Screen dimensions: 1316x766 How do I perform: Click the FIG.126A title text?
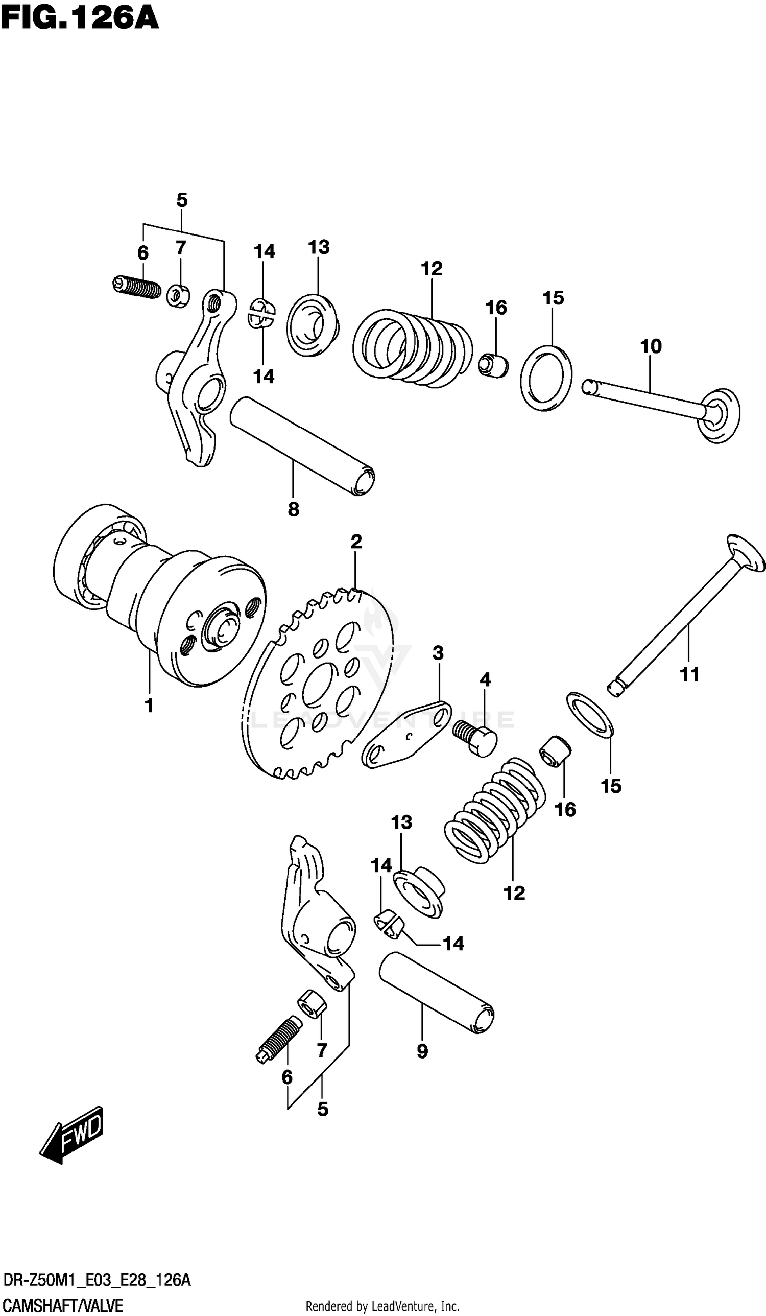click(x=79, y=19)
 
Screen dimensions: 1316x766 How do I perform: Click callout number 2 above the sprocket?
click(x=355, y=542)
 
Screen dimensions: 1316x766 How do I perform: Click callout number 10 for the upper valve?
click(x=651, y=346)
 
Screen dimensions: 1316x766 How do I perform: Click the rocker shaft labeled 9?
click(x=437, y=992)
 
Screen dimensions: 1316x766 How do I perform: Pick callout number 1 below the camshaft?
click(x=149, y=706)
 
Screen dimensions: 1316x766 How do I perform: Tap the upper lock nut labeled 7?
click(x=178, y=296)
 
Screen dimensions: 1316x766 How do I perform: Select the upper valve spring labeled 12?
click(x=413, y=348)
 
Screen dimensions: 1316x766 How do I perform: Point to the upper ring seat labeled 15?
click(x=546, y=377)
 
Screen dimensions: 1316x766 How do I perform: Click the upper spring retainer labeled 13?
click(x=312, y=325)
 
